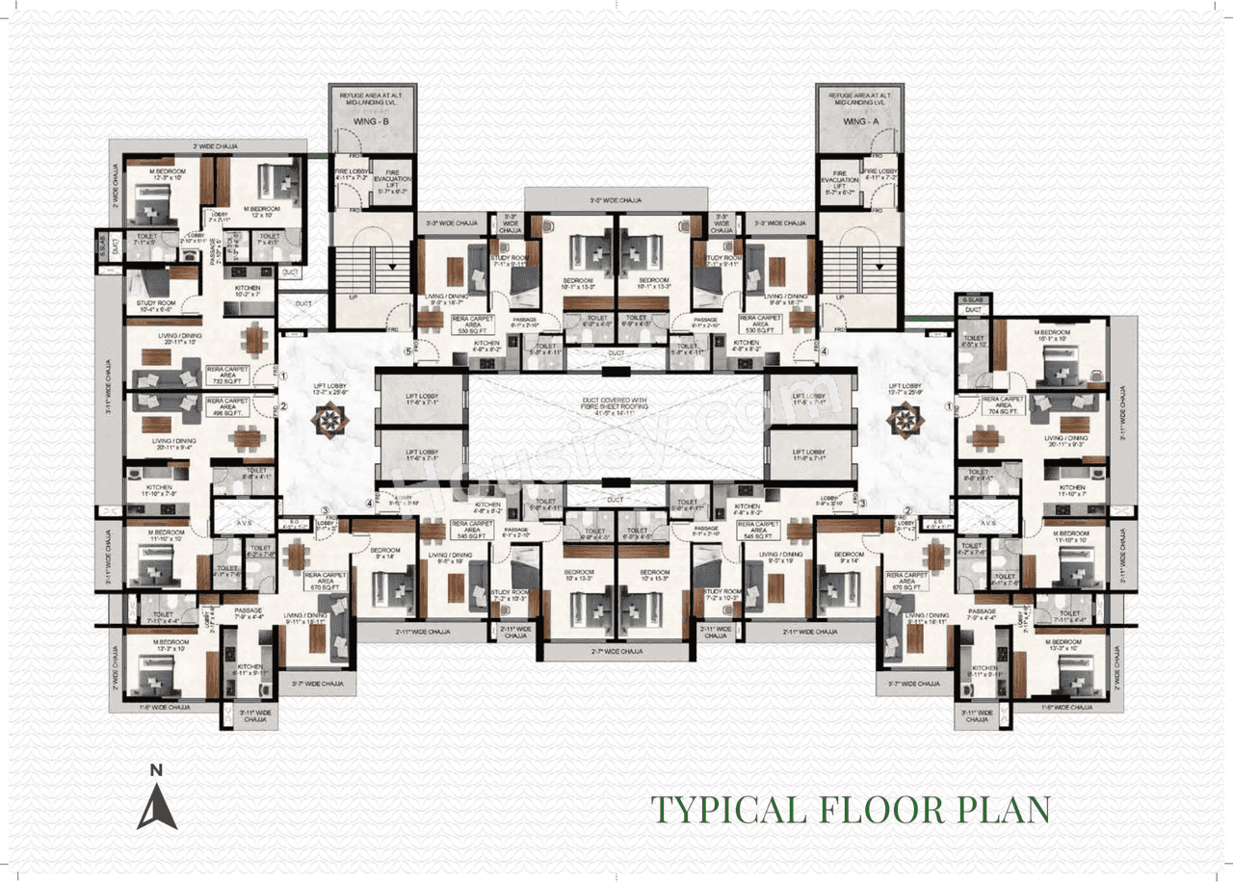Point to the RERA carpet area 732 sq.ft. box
[227, 374]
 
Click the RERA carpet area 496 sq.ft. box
[227, 405]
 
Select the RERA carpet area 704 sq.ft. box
[1003, 405]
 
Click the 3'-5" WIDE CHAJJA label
[616, 200]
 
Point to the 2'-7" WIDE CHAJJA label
[616, 652]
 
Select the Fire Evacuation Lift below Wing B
[393, 183]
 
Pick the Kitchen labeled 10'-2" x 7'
[241, 292]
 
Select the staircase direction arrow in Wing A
[879, 269]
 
